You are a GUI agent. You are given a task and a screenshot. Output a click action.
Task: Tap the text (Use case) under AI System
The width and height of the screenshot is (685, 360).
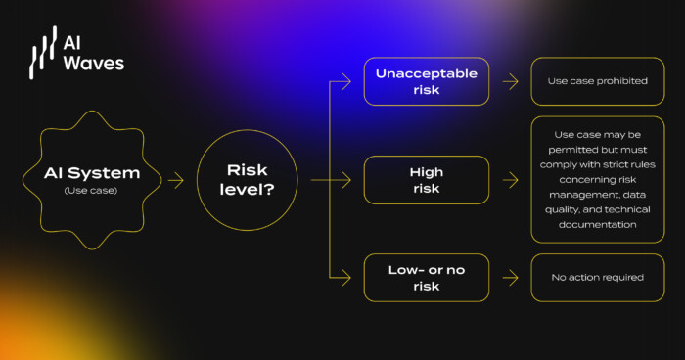pyautogui.click(x=92, y=190)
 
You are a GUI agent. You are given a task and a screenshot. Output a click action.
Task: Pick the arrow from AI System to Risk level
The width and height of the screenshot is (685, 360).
pyautogui.click(x=176, y=180)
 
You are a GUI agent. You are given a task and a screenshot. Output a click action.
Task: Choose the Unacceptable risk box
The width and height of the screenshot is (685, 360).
pyautogui.click(x=426, y=81)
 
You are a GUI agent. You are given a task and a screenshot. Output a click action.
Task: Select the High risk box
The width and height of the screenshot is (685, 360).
pyautogui.click(x=426, y=179)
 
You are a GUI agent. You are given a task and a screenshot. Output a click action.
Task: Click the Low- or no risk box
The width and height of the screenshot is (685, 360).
pyautogui.click(x=426, y=277)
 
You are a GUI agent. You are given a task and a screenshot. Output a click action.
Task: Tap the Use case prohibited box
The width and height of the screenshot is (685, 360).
pyautogui.click(x=596, y=81)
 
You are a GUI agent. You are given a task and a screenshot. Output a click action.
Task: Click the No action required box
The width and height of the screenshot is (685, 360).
pyautogui.click(x=596, y=277)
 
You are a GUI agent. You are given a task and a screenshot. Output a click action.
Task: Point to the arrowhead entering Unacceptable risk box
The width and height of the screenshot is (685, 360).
pyautogui.click(x=347, y=81)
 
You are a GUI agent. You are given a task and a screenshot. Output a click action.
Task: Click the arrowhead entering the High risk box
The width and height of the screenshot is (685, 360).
pyautogui.click(x=347, y=179)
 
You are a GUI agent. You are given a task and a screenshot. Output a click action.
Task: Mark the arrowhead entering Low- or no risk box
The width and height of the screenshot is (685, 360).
pyautogui.click(x=347, y=277)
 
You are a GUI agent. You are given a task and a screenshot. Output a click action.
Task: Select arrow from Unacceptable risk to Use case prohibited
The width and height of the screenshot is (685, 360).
pyautogui.click(x=509, y=81)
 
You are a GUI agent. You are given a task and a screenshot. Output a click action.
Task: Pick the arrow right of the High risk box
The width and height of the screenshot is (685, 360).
pyautogui.click(x=509, y=179)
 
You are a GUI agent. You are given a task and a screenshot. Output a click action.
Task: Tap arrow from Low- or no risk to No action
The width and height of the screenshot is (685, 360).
pyautogui.click(x=509, y=277)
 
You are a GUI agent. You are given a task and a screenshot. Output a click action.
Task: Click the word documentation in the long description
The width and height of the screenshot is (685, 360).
pyautogui.click(x=597, y=224)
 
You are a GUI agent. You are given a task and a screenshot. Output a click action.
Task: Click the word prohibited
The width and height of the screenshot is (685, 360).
pyautogui.click(x=619, y=81)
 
